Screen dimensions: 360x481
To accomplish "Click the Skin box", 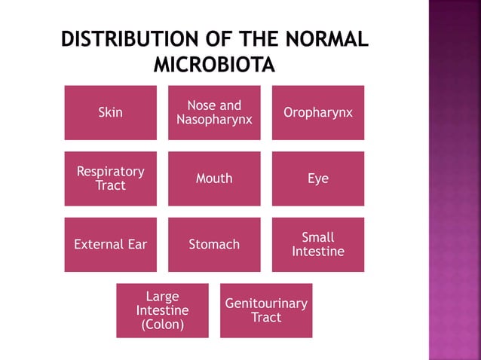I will [x=110, y=113].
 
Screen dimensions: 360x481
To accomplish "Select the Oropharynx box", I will [x=317, y=113].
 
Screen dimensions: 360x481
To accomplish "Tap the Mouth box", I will [x=214, y=178].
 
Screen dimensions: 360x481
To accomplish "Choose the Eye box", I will [x=317, y=178].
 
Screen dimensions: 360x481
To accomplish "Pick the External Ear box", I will [x=110, y=244].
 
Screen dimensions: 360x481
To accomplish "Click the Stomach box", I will [x=214, y=244].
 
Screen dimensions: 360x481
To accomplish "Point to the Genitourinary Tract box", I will [x=266, y=310].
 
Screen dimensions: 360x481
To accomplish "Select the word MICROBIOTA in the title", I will [x=214, y=65].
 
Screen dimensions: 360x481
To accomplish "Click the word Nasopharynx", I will [x=214, y=120].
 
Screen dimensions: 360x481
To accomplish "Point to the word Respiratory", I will [x=110, y=172].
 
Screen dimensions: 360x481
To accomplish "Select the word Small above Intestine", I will [x=317, y=237].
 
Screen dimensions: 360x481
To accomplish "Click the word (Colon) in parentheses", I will [x=162, y=325].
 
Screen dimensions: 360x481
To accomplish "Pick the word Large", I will [x=162, y=296].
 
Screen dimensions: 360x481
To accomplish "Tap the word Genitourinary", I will [x=266, y=304].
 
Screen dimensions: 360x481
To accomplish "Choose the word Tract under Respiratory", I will [x=110, y=185].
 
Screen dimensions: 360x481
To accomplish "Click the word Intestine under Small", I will [x=317, y=252].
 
